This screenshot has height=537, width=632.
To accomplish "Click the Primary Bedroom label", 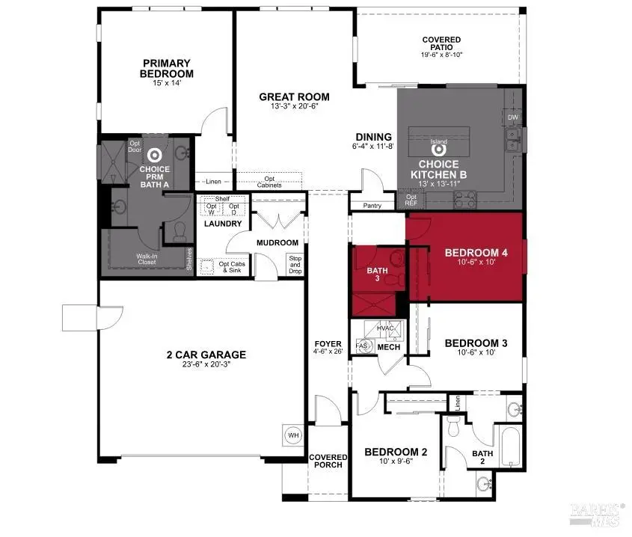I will (x=168, y=68).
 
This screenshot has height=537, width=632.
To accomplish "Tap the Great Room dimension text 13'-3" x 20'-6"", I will (x=294, y=107).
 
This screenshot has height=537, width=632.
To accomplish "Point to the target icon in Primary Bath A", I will (x=155, y=155).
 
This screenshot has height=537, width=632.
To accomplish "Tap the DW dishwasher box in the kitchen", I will (x=512, y=118).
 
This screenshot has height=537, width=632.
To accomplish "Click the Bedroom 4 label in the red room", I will (x=476, y=254).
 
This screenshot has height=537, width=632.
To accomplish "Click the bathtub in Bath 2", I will (x=512, y=447).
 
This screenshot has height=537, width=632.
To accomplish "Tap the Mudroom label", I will (x=277, y=242).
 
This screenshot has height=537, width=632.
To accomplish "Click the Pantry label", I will (x=372, y=206).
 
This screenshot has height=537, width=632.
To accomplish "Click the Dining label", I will (x=373, y=137).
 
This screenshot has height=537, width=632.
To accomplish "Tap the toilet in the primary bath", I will (x=180, y=235).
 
